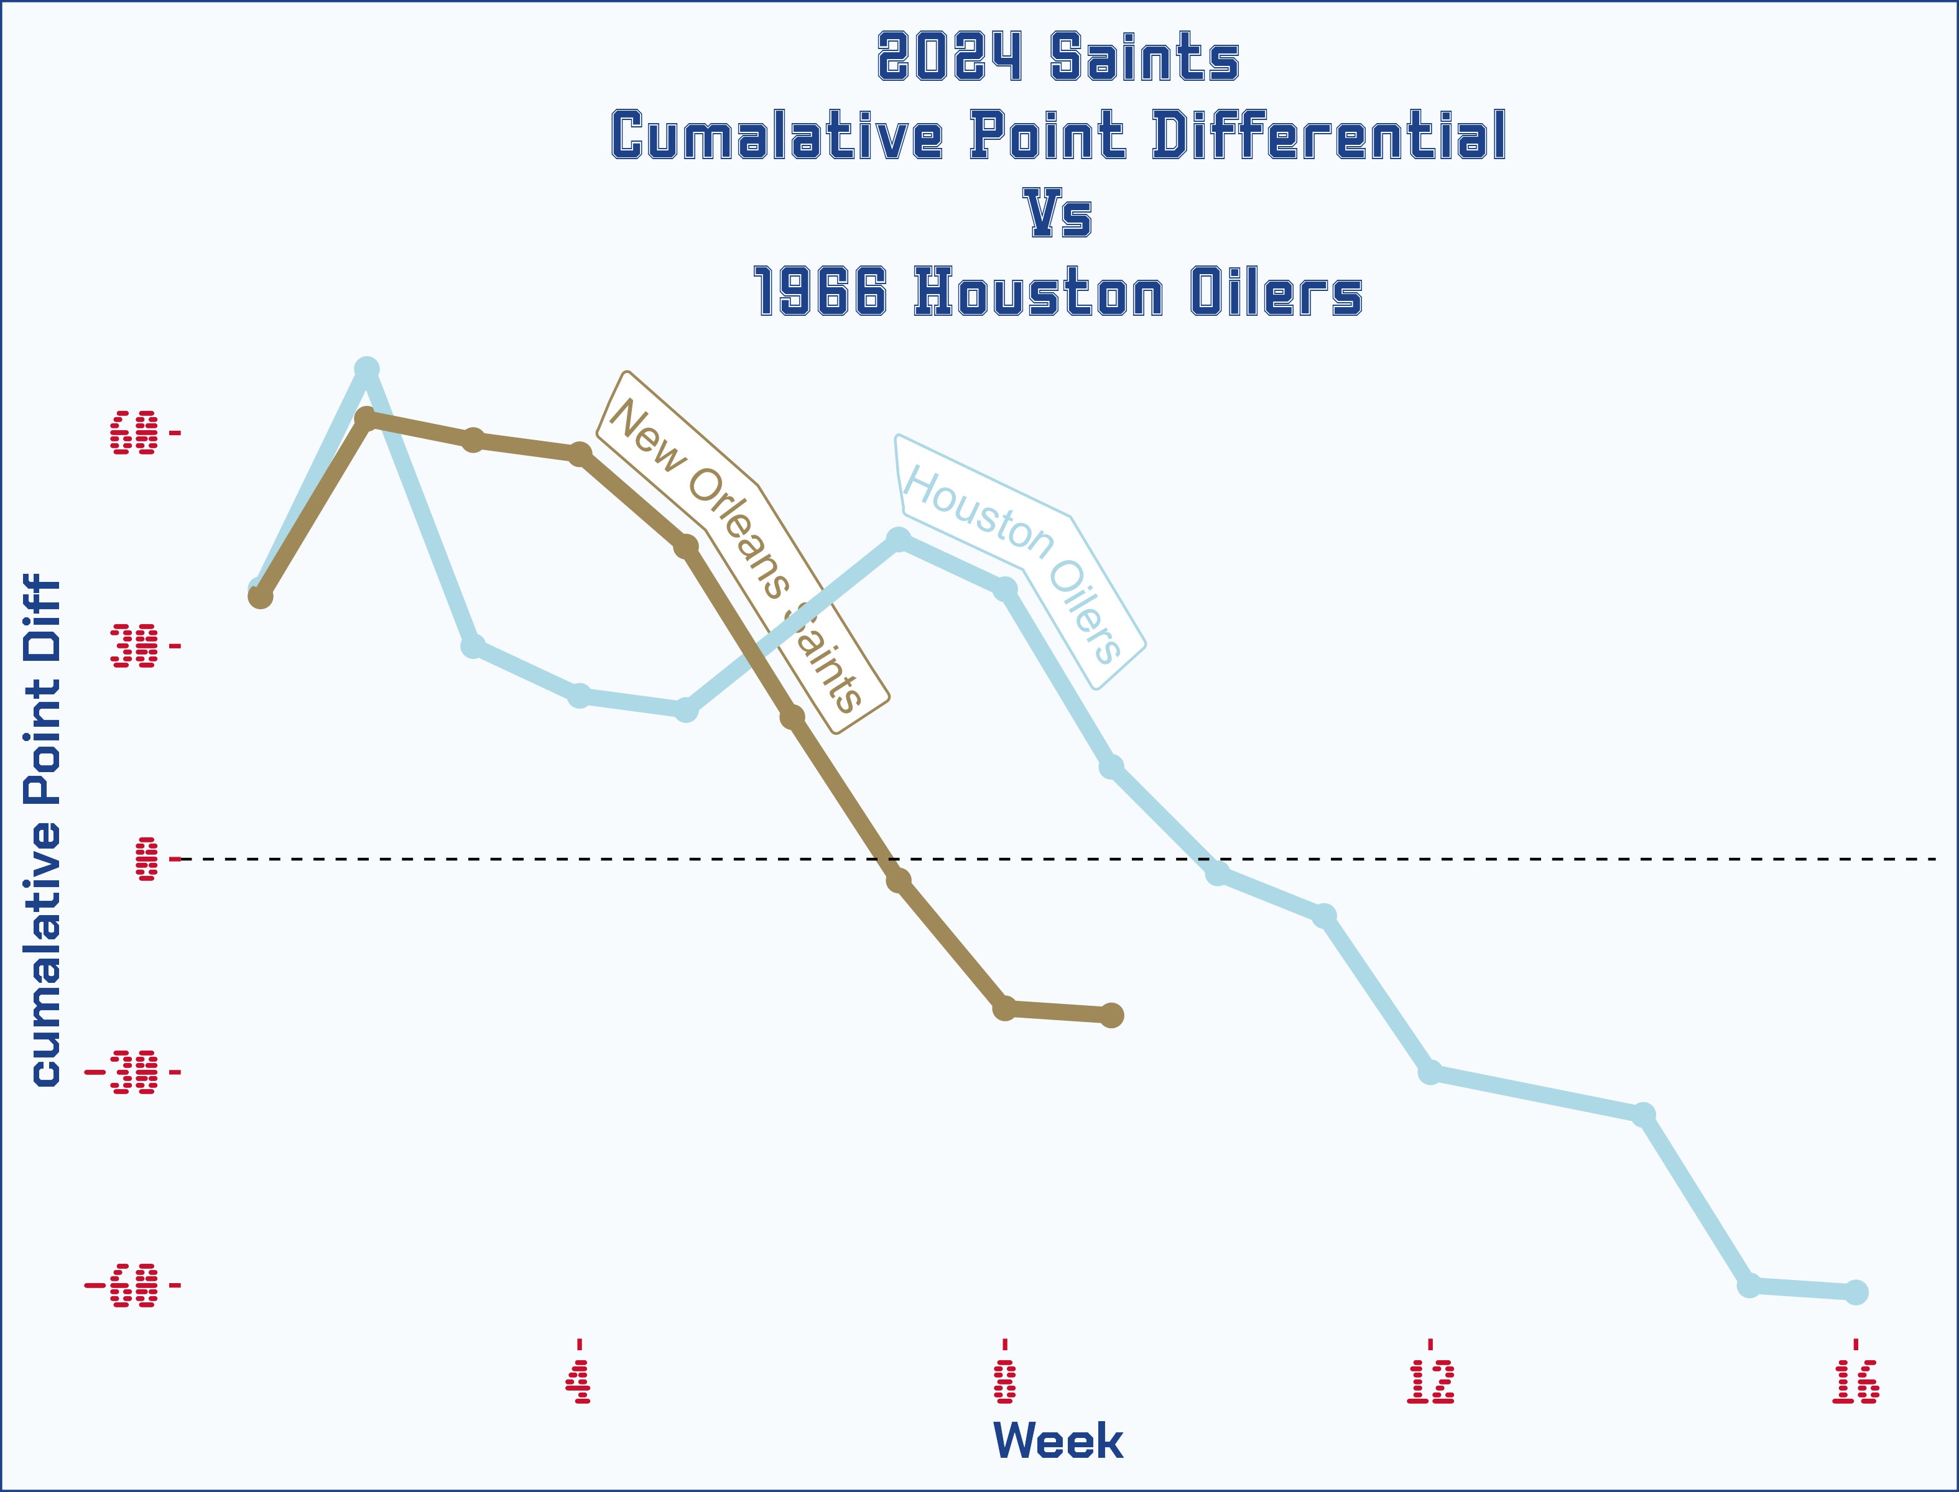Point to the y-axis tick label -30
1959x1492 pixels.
pyautogui.click(x=122, y=1072)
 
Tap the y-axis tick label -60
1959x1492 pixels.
pyautogui.click(x=122, y=1285)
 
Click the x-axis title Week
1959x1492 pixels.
pyautogui.click(x=1057, y=1442)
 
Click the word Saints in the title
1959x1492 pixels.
pyautogui.click(x=1144, y=58)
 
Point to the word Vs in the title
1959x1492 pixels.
pyautogui.click(x=1057, y=214)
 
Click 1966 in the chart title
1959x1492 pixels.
pyautogui.click(x=819, y=292)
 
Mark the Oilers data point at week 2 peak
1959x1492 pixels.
pyautogui.click(x=367, y=369)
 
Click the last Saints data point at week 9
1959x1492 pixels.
pyautogui.click(x=1111, y=1015)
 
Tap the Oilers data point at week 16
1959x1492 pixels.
pyautogui.click(x=1856, y=1292)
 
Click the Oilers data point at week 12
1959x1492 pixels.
pyautogui.click(x=1430, y=1073)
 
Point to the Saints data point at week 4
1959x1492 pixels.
pyautogui.click(x=579, y=454)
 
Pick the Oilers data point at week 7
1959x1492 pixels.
pyautogui.click(x=898, y=540)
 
